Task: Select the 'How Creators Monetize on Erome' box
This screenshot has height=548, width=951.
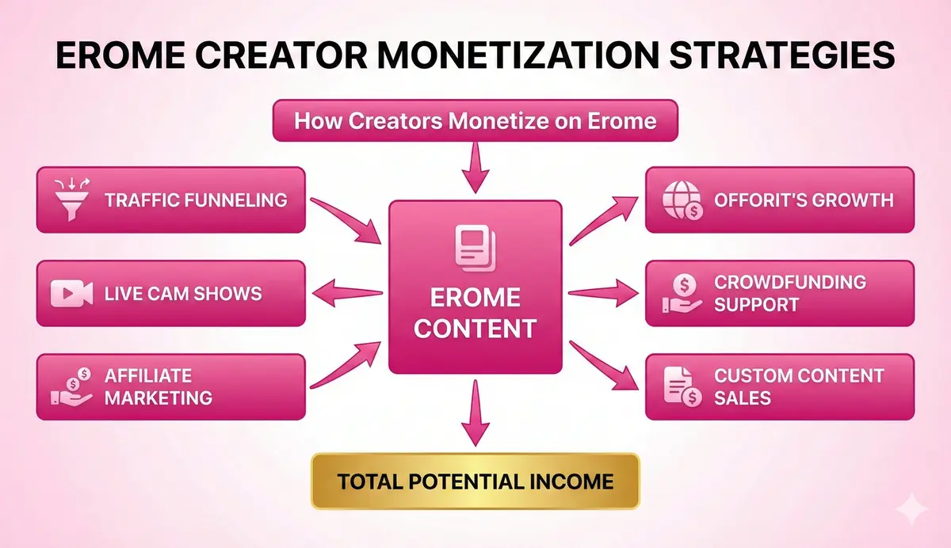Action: pos(475,120)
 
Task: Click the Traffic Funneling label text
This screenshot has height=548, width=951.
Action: pos(195,199)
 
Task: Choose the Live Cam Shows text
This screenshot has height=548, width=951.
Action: pos(183,294)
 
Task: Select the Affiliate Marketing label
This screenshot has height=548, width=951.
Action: pos(158,386)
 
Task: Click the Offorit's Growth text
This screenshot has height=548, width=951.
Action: pos(804,199)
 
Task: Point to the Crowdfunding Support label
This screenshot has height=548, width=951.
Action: pos(789,293)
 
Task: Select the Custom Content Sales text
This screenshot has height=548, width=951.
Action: pos(798,386)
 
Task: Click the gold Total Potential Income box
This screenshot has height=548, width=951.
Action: pos(475,481)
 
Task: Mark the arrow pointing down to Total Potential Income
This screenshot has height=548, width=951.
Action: pos(475,413)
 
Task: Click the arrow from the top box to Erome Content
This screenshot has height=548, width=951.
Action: pos(475,169)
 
